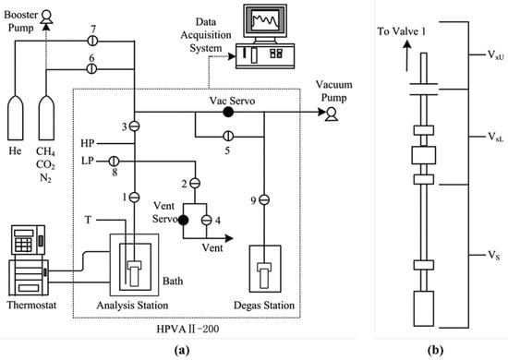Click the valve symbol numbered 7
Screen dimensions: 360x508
[x=92, y=41]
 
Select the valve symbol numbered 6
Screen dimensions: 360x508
[x=92, y=67]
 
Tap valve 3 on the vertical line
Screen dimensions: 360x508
[x=134, y=126]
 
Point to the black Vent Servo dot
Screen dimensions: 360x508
[x=183, y=220]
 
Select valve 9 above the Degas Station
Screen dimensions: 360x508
[x=263, y=198]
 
